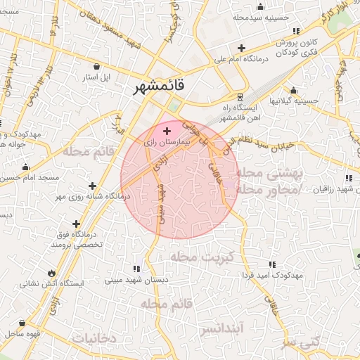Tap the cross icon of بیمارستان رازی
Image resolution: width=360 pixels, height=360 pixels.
coord(167,131)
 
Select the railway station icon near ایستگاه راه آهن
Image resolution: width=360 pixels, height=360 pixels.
coord(240,96)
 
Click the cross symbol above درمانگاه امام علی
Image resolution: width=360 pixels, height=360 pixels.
coord(241,49)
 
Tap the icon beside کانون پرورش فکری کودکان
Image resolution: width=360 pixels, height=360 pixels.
coord(296,32)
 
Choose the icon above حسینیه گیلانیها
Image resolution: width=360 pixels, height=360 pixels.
coord(293,90)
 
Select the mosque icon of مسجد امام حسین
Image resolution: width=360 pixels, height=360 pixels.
coord(26,167)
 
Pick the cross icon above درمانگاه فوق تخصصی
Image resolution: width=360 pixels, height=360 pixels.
coord(76,224)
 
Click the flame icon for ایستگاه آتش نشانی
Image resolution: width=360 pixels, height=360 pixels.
coord(51,272)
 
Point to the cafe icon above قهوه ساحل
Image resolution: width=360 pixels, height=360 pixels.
coord(23,323)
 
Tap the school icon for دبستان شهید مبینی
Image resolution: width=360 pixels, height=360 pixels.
coord(136,269)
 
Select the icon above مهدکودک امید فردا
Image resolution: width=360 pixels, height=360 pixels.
coord(271,264)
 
